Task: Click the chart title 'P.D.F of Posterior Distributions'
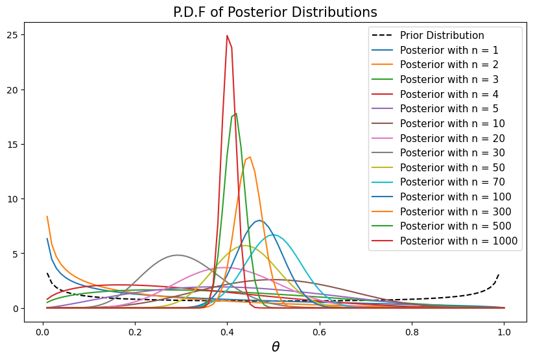[x=275, y=12]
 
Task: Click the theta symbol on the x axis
[x=275, y=347]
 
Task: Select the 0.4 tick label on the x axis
[x=227, y=330]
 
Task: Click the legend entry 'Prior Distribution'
[x=442, y=35]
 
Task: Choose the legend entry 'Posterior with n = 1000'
[x=458, y=241]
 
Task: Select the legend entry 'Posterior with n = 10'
[x=454, y=123]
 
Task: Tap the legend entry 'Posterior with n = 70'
[x=454, y=182]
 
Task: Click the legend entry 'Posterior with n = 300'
[x=456, y=211]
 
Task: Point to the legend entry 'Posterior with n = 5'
[x=451, y=109]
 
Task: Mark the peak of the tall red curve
[x=227, y=36]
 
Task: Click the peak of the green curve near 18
[x=235, y=114]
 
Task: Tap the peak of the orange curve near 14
[x=250, y=157]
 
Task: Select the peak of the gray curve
[x=178, y=255]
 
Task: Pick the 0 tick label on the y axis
[x=18, y=308]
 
